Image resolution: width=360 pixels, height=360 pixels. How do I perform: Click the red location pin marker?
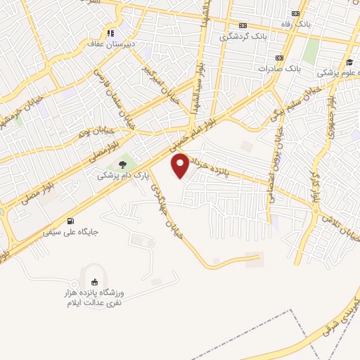coord(181,165)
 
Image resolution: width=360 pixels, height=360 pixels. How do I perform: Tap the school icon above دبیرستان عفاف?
coord(110,32)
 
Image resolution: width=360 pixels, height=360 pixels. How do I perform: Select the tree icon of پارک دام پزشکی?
coord(123,165)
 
